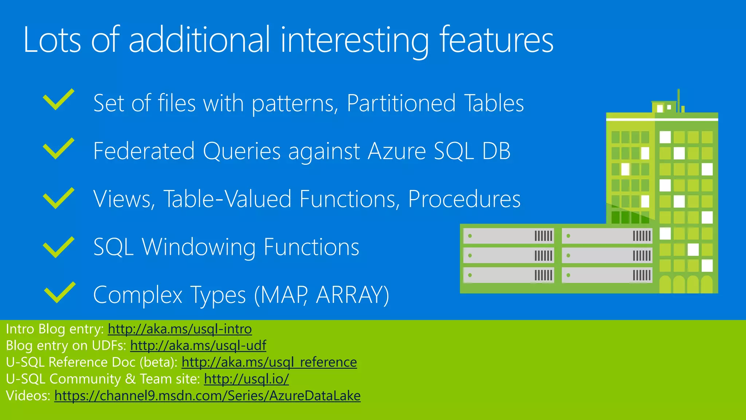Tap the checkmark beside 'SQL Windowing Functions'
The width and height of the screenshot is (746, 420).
[x=58, y=247]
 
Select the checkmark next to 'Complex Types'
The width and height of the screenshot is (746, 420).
[x=59, y=292]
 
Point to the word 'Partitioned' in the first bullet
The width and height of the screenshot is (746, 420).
[x=401, y=103]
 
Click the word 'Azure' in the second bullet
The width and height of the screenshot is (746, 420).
[x=397, y=151]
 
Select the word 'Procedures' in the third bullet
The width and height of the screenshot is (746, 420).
[x=464, y=199]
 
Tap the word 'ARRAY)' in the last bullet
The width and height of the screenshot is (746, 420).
[x=353, y=295]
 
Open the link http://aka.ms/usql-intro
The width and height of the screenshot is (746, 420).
[x=180, y=329]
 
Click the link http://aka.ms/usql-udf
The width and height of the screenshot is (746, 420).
[x=198, y=345]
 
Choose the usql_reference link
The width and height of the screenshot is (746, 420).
[x=269, y=362]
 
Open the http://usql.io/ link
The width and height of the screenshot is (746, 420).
[x=246, y=379]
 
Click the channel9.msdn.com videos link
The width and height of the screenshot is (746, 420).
[x=207, y=396]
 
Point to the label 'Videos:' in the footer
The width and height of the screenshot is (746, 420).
[x=28, y=396]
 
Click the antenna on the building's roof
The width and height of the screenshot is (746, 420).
[x=679, y=99]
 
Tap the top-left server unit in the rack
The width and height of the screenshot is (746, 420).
[x=509, y=236]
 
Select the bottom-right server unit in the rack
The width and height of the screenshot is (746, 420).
[x=607, y=275]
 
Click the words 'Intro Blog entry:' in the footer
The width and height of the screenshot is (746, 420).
[x=55, y=329]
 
